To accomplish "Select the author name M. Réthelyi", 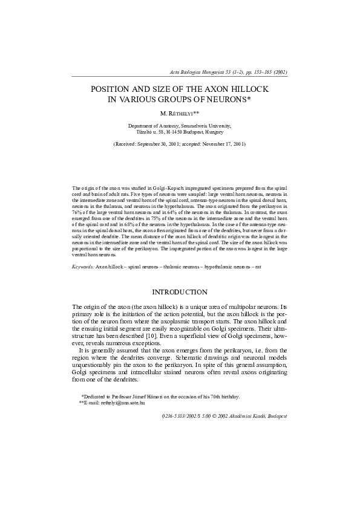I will tap(179, 113).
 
